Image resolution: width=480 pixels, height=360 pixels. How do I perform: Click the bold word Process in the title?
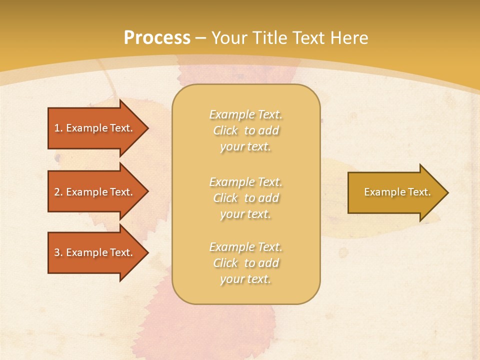tap(157, 38)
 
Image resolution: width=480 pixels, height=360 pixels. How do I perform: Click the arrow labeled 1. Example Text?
tap(95, 128)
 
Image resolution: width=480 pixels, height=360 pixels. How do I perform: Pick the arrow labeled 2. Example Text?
tap(95, 192)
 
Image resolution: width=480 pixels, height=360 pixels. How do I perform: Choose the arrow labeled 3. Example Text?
tap(95, 252)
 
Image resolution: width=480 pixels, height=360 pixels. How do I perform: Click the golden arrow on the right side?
tap(395, 192)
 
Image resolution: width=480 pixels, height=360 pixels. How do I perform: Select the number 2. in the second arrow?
tap(58, 192)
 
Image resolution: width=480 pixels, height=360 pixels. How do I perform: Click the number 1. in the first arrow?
tap(58, 128)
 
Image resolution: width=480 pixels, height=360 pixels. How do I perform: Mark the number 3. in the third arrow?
tap(58, 252)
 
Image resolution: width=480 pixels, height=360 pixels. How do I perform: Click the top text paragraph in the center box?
tap(245, 130)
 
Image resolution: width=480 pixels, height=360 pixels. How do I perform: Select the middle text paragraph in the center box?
tap(245, 198)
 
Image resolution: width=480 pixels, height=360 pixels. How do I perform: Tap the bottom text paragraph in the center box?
tap(245, 263)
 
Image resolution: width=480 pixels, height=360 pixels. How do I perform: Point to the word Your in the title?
tap(228, 38)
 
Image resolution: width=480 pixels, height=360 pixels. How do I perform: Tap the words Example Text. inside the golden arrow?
tap(397, 192)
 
